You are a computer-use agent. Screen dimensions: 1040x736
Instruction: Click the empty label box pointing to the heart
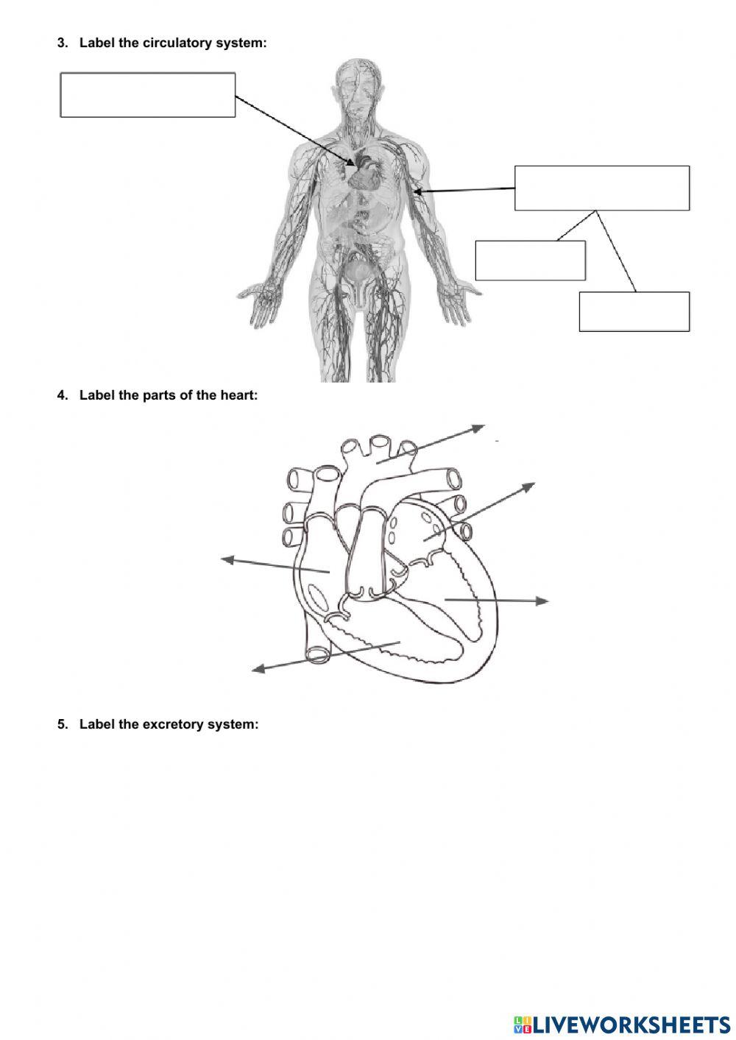pos(147,95)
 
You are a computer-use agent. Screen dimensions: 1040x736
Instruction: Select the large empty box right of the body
pos(601,188)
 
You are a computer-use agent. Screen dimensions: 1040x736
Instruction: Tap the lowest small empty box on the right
pos(634,311)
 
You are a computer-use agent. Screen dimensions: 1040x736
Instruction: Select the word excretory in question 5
pos(172,724)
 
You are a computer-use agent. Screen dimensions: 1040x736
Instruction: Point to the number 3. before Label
pos(63,43)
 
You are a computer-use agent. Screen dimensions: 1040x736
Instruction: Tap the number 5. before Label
pos(63,724)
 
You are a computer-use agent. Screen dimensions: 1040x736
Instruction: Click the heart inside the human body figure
pos(365,174)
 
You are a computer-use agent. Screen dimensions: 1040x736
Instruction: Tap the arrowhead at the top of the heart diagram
pos(479,427)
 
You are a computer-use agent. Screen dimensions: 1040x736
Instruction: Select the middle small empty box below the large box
pos(530,261)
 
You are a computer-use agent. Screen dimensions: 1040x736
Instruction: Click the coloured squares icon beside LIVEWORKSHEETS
pos(523,1024)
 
